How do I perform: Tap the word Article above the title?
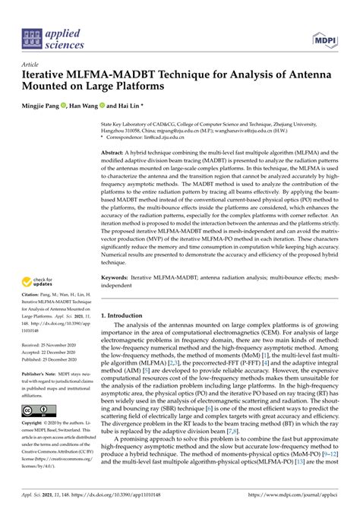[30, 65]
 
